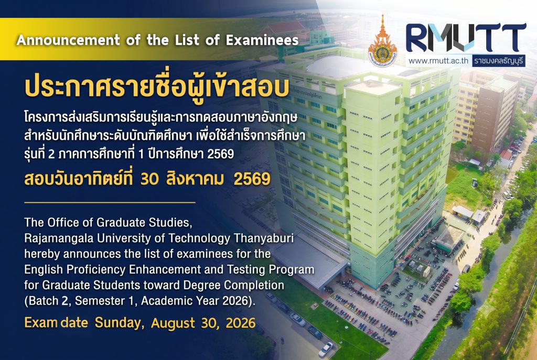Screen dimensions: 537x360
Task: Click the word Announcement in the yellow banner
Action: click(x=68, y=40)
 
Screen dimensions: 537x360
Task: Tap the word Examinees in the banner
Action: click(x=262, y=40)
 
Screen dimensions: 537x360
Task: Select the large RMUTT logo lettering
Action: click(x=466, y=38)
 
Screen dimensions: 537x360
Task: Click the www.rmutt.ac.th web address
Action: click(x=438, y=61)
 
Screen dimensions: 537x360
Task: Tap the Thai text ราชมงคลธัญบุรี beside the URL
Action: click(x=499, y=61)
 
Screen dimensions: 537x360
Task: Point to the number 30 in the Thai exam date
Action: click(x=149, y=179)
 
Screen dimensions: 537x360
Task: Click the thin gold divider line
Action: click(x=110, y=202)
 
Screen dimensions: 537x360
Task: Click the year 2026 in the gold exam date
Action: click(x=240, y=323)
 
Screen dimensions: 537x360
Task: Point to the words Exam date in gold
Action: click(x=56, y=323)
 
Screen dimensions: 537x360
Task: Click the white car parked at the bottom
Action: click(x=326, y=350)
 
